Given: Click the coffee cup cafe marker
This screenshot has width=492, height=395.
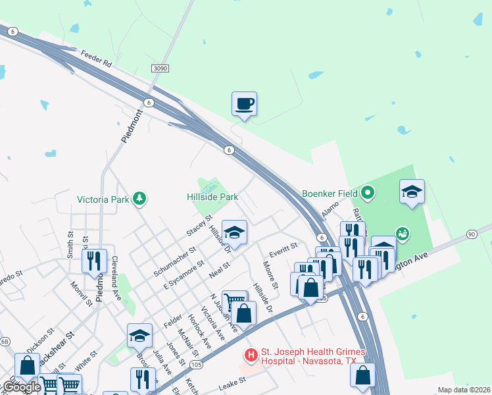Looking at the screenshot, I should tap(244, 104).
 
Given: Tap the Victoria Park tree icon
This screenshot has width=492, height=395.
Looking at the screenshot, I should tap(139, 198).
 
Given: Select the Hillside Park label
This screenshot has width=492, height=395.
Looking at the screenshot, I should tap(212, 197).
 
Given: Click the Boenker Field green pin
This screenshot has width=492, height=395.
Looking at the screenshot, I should tap(368, 194).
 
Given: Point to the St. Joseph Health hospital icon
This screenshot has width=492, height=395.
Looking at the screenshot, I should tap(251, 355).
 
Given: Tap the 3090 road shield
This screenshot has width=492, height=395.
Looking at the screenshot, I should tap(159, 68).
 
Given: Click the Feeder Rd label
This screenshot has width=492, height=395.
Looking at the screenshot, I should tap(97, 59).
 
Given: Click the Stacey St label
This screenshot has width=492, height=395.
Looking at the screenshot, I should tap(199, 225).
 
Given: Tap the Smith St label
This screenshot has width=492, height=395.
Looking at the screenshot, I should tap(70, 243).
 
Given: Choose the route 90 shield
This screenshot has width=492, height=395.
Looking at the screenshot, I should tap(471, 234).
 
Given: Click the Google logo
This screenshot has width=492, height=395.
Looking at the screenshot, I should tap(21, 387).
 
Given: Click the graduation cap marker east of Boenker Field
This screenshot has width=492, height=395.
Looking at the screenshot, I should tap(412, 192).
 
